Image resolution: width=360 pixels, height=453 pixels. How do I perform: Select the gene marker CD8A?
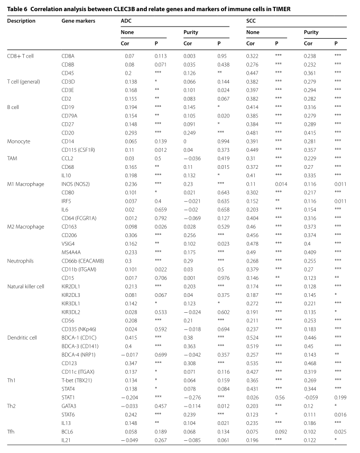pos(68,56)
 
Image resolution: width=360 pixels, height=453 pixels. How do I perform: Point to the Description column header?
pos(21,21)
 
